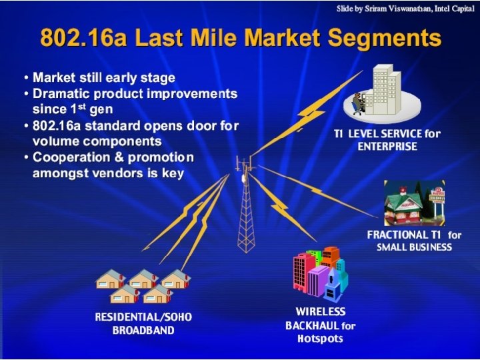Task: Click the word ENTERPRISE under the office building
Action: [387, 146]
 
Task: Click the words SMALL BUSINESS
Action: [414, 247]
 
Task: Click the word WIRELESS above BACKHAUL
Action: [321, 312]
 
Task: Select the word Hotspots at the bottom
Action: [320, 339]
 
